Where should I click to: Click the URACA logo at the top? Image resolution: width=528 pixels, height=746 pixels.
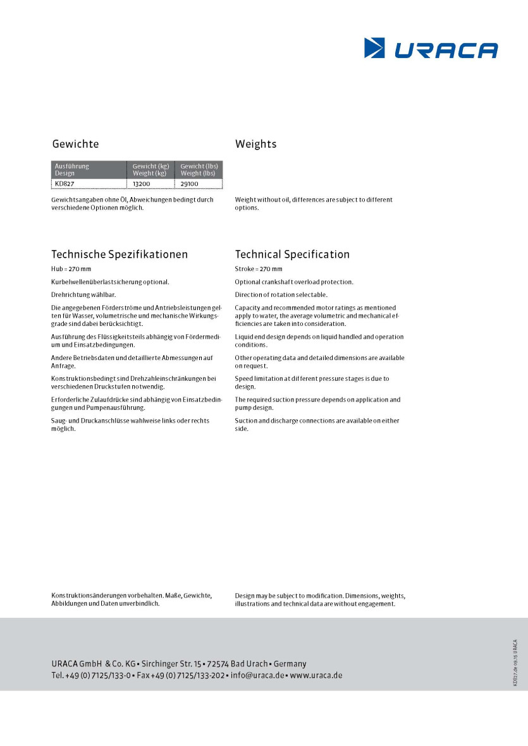[x=431, y=49]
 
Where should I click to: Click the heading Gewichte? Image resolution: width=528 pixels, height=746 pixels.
[x=75, y=144]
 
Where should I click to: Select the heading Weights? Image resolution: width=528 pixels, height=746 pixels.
[x=255, y=144]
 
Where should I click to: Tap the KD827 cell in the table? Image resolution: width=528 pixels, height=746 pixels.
[x=65, y=184]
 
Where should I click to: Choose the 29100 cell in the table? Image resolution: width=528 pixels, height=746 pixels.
[x=189, y=184]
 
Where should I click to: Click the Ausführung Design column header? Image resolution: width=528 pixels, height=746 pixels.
[x=72, y=169]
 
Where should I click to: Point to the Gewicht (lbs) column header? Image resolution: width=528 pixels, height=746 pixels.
[x=199, y=169]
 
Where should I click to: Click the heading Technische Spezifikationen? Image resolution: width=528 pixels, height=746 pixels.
[x=120, y=255]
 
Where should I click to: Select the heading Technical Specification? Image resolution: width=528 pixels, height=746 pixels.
[x=292, y=255]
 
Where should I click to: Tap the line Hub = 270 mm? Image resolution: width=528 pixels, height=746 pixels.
[x=71, y=269]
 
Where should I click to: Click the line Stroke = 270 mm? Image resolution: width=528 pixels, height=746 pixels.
[x=259, y=269]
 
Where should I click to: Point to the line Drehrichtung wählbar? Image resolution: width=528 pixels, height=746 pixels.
[x=83, y=295]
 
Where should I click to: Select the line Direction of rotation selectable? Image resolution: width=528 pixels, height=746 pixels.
[x=281, y=295]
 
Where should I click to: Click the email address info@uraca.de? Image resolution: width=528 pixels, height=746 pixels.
[x=257, y=675]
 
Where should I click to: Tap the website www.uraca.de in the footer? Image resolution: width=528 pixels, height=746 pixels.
[x=316, y=675]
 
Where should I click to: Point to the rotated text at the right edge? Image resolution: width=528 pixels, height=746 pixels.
[x=515, y=662]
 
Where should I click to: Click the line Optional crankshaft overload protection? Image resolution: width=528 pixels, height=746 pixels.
[x=294, y=282]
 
